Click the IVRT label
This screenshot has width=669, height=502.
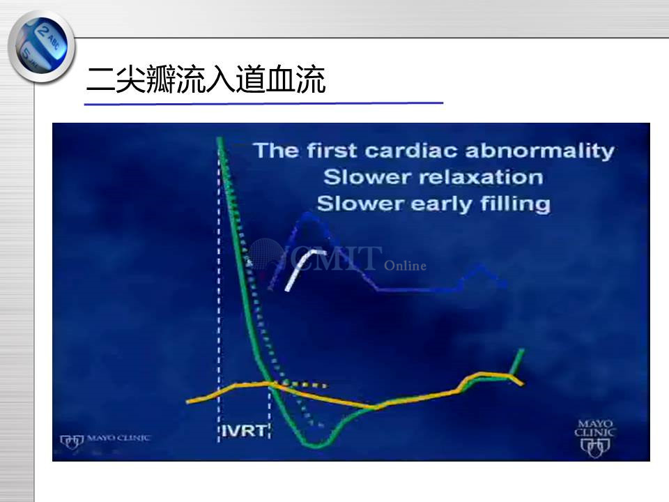[245, 431]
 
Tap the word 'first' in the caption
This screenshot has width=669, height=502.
[331, 151]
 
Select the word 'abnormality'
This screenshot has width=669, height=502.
[539, 151]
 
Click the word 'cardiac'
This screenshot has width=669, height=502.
[410, 151]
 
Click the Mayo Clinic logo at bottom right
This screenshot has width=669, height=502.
[595, 439]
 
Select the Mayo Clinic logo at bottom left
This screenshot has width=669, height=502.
[105, 441]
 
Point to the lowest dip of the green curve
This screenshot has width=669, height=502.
[316, 446]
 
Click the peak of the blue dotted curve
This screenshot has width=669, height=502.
[308, 214]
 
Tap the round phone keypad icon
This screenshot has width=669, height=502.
[41, 47]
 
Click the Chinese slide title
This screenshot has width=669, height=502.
[206, 79]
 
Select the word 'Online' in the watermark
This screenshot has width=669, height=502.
[405, 266]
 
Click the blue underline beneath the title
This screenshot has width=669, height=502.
[263, 103]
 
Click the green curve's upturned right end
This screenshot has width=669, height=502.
[521, 351]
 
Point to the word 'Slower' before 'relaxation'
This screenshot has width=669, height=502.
[357, 177]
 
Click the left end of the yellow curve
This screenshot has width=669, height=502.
[187, 402]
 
